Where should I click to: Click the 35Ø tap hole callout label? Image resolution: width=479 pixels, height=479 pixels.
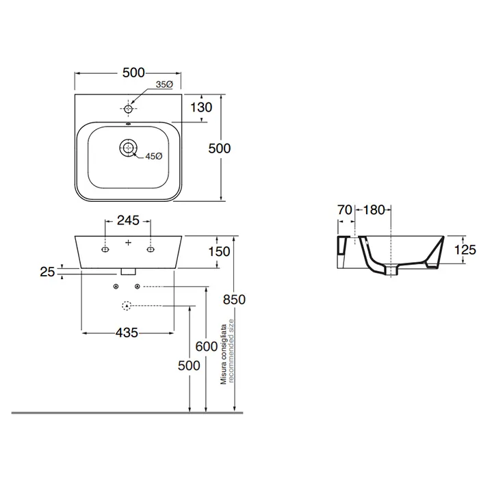164,85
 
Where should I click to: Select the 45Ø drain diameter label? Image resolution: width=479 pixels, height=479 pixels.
154,157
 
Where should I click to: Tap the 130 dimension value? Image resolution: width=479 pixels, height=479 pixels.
201,107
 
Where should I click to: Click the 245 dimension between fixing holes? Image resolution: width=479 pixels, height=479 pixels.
129,220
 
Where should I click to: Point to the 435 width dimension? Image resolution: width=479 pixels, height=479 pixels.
127,333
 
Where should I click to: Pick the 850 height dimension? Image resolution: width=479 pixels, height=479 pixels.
234,300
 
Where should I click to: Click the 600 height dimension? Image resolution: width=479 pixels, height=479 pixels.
207,347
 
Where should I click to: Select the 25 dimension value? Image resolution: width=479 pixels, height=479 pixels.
47,272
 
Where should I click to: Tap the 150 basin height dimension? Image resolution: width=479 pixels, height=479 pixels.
219,252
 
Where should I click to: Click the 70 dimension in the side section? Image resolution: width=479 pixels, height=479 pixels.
345,210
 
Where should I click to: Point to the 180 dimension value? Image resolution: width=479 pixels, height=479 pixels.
374,210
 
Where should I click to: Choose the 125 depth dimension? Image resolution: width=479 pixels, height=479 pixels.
465,250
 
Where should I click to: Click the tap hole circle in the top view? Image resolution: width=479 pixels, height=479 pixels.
129,108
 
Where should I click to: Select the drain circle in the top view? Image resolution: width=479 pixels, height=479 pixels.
129,148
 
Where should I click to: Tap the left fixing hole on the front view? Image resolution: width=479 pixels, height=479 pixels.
105,250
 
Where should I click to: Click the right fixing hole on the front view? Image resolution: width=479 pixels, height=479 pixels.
151,250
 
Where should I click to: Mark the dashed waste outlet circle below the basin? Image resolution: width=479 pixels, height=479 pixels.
127,305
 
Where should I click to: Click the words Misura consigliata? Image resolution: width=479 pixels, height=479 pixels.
224,354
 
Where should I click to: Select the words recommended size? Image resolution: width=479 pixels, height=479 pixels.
231,350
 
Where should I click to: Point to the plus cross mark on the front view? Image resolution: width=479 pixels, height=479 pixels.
129,242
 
